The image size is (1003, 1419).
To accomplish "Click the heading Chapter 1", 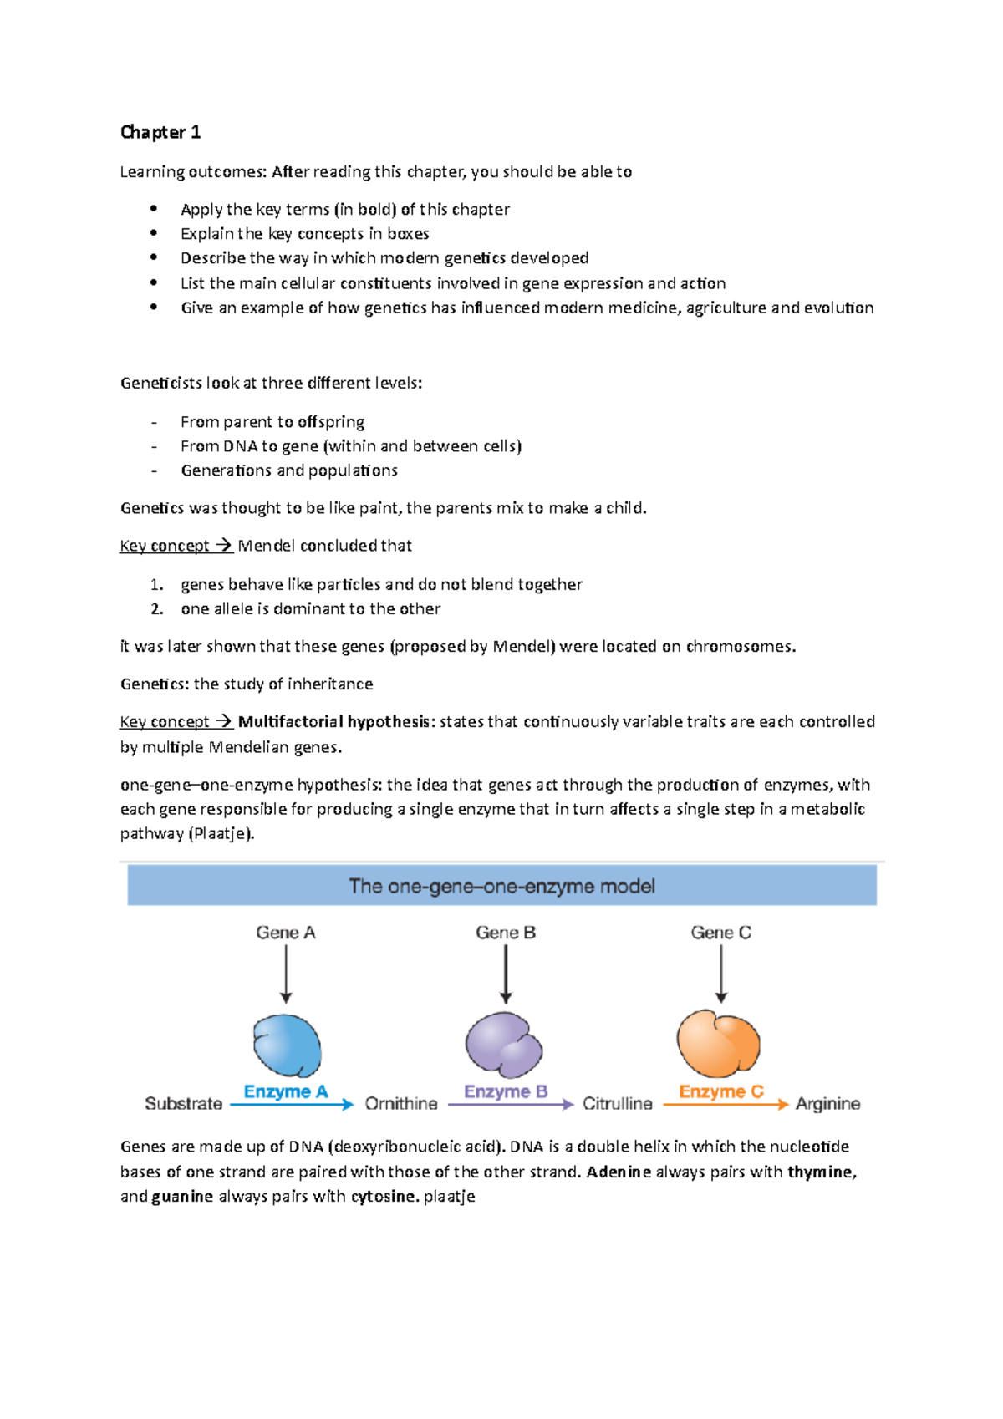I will [x=160, y=132].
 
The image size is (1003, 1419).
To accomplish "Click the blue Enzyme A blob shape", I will [x=287, y=1045].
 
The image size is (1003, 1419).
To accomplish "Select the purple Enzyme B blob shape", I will [x=503, y=1045].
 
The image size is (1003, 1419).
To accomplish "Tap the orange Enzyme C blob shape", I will [x=718, y=1043].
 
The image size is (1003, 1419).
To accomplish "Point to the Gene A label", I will [x=286, y=933].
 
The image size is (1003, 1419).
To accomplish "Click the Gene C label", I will [x=720, y=933].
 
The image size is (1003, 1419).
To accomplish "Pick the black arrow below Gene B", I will [x=506, y=974].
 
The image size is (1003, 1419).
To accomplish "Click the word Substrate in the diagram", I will [x=183, y=1104].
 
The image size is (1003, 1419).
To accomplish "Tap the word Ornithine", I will [x=401, y=1104].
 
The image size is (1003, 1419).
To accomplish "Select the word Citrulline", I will [x=617, y=1104].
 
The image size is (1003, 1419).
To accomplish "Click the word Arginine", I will [x=827, y=1104].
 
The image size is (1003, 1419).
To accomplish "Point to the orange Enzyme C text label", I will [x=720, y=1091].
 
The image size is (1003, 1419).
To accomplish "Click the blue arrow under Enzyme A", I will [x=292, y=1105].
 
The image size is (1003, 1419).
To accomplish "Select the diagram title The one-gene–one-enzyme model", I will [x=501, y=886].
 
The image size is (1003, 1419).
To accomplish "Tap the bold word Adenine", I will [x=619, y=1172].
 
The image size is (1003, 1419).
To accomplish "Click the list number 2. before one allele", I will [x=156, y=609].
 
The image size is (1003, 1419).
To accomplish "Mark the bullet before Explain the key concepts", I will [x=154, y=233].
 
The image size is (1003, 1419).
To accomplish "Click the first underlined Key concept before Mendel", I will [x=165, y=546].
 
